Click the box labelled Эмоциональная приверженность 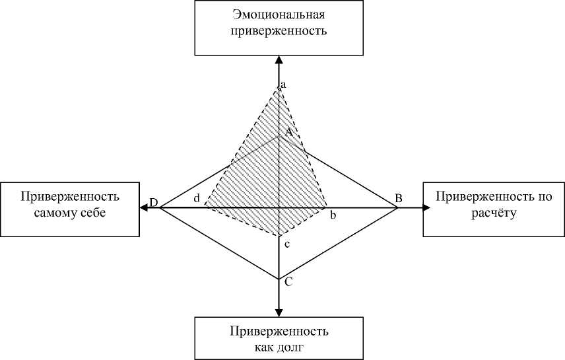279,28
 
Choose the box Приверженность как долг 279,338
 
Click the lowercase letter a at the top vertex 283,85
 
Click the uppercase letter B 399,198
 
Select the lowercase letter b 333,215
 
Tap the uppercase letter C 288,282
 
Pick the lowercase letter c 286,245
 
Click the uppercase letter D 153,202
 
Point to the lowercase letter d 197,198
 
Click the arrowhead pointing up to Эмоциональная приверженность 279,60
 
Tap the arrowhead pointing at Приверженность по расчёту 426,208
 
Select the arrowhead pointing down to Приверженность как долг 279,312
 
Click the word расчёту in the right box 493,214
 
